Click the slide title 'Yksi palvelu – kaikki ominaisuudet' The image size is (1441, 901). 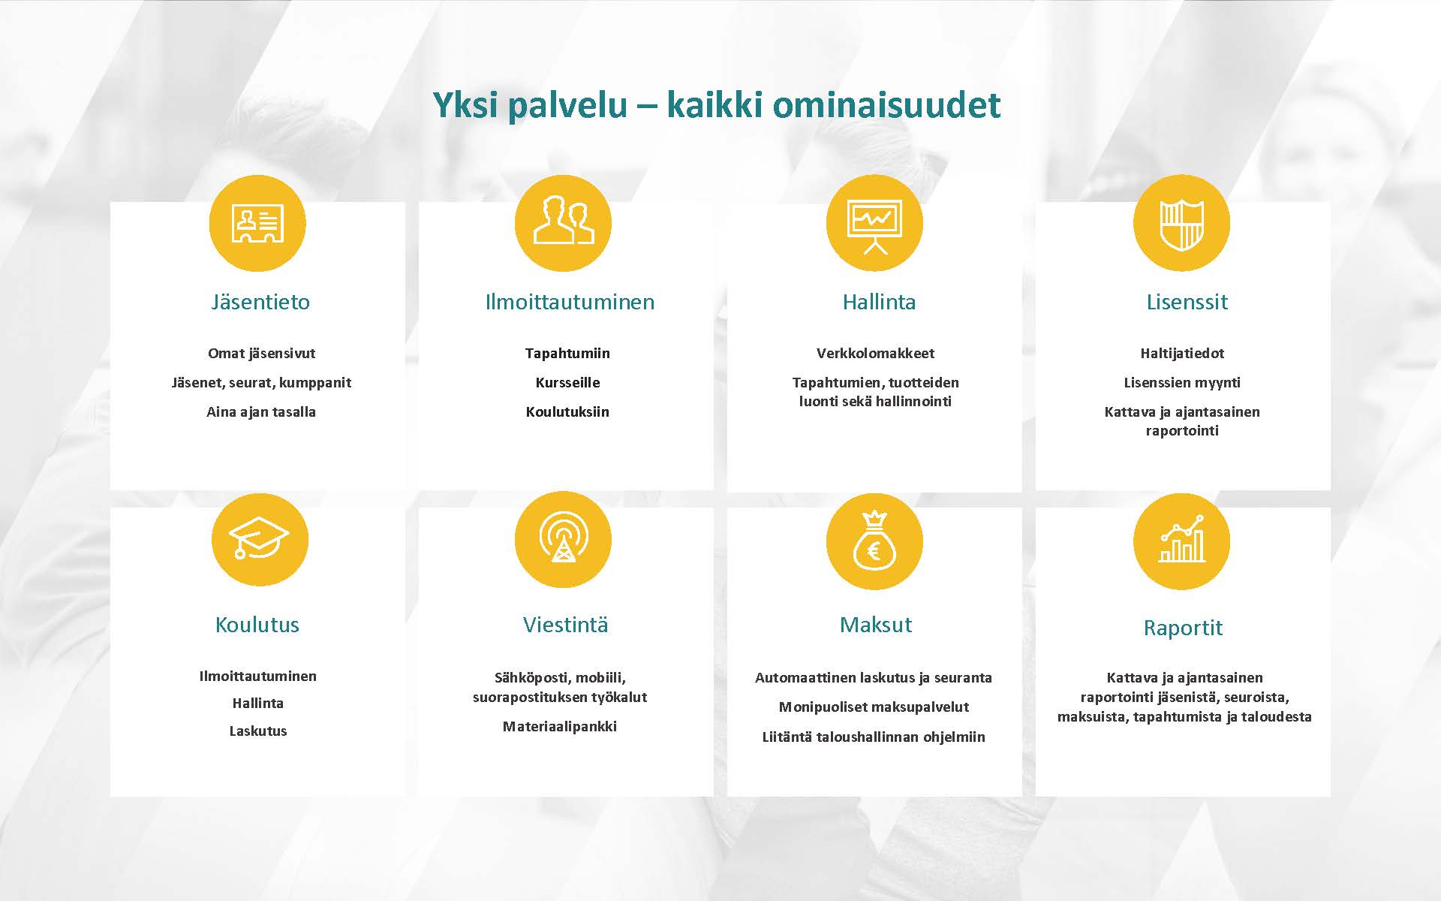(x=717, y=105)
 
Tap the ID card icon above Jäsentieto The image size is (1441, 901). (x=257, y=223)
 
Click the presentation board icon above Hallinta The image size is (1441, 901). (x=874, y=223)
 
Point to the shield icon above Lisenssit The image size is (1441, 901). (x=1181, y=223)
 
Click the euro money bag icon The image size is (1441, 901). (x=874, y=541)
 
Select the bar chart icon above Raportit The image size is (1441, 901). (x=1181, y=541)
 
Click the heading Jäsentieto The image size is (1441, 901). (x=260, y=302)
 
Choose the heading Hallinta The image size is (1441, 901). (x=879, y=302)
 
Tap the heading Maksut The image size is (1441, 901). (x=876, y=625)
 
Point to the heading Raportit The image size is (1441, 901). (x=1183, y=628)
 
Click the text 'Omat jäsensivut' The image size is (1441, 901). (x=261, y=353)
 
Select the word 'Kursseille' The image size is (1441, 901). (x=567, y=382)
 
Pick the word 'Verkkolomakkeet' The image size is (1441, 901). (x=875, y=353)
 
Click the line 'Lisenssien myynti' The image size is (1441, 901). (x=1182, y=382)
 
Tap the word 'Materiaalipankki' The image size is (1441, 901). (x=560, y=726)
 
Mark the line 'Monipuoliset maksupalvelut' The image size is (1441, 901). (x=874, y=707)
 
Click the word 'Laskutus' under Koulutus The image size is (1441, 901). (x=258, y=731)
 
